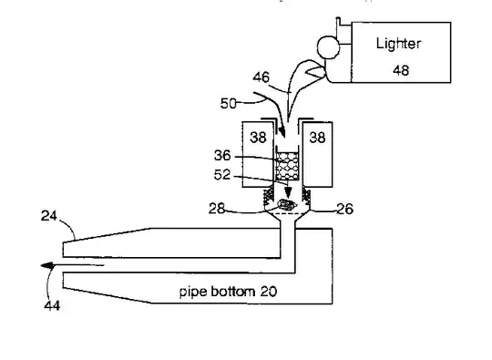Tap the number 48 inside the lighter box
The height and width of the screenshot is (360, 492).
coord(401,69)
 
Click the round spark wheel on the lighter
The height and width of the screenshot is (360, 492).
coord(323,45)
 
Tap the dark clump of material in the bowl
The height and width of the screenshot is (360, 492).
coord(286,207)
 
